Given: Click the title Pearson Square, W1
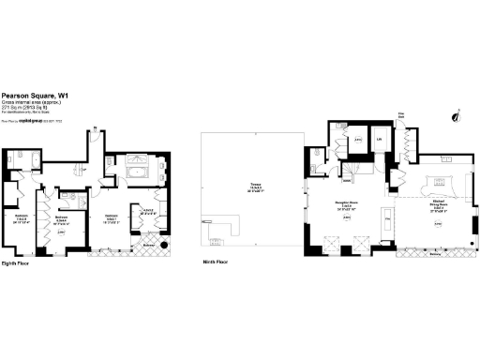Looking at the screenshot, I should pyautogui.click(x=35, y=95).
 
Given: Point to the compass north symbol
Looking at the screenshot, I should pyautogui.click(x=455, y=117).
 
